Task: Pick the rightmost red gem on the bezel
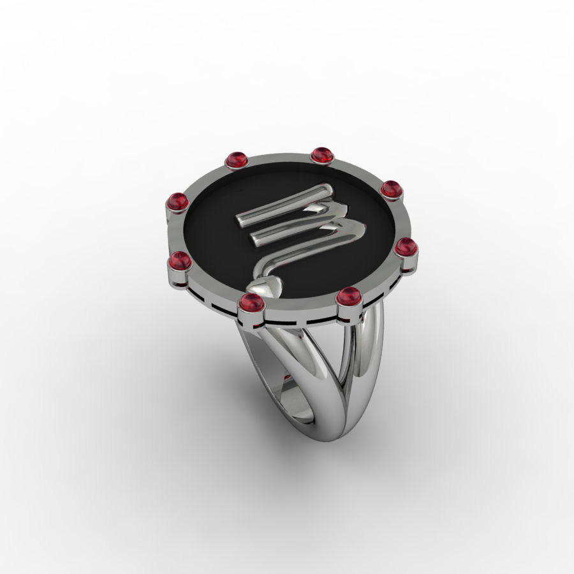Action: click(404, 246)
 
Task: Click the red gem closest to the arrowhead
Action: click(251, 303)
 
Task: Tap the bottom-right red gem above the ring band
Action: click(348, 296)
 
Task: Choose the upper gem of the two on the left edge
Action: click(177, 202)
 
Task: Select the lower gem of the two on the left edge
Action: click(180, 261)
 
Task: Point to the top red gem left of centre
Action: click(237, 160)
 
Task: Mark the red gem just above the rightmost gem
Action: click(390, 189)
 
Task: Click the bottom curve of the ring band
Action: click(332, 434)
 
